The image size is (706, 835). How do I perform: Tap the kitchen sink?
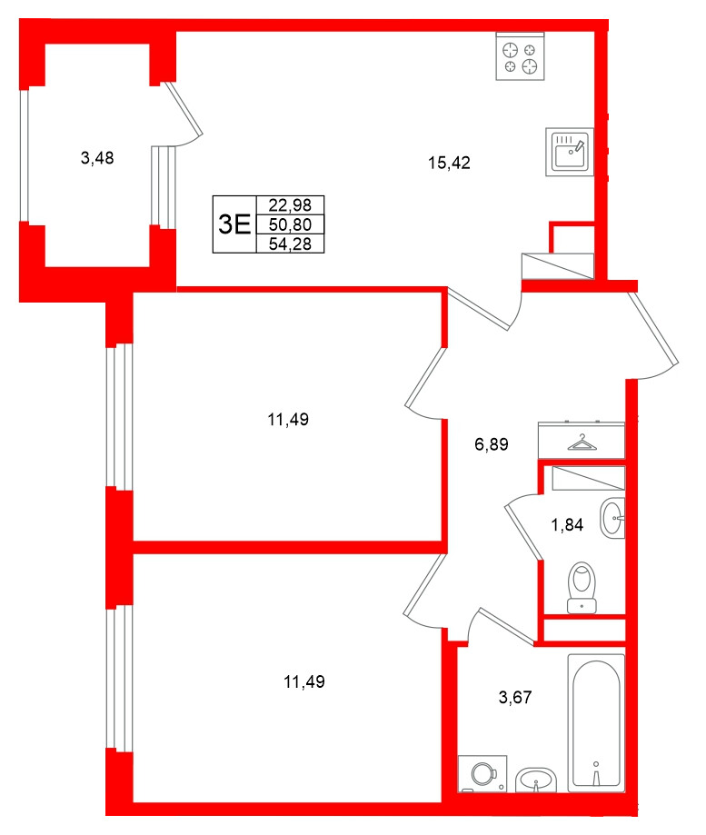coord(571,150)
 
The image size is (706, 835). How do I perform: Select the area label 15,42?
coord(449,164)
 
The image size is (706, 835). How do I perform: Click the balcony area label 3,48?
coord(97,158)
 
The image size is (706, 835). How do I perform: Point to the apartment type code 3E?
coord(234,224)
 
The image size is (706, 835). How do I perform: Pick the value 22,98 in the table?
coord(290,205)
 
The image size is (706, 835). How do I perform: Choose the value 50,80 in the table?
coord(290,224)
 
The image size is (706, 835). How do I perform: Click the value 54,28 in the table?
coord(290,243)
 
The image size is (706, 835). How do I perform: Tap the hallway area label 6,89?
coord(491,445)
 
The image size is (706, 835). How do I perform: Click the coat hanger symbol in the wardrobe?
coord(581,442)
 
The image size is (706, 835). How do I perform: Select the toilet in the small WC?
coord(581,588)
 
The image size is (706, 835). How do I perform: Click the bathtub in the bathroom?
coord(596,722)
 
